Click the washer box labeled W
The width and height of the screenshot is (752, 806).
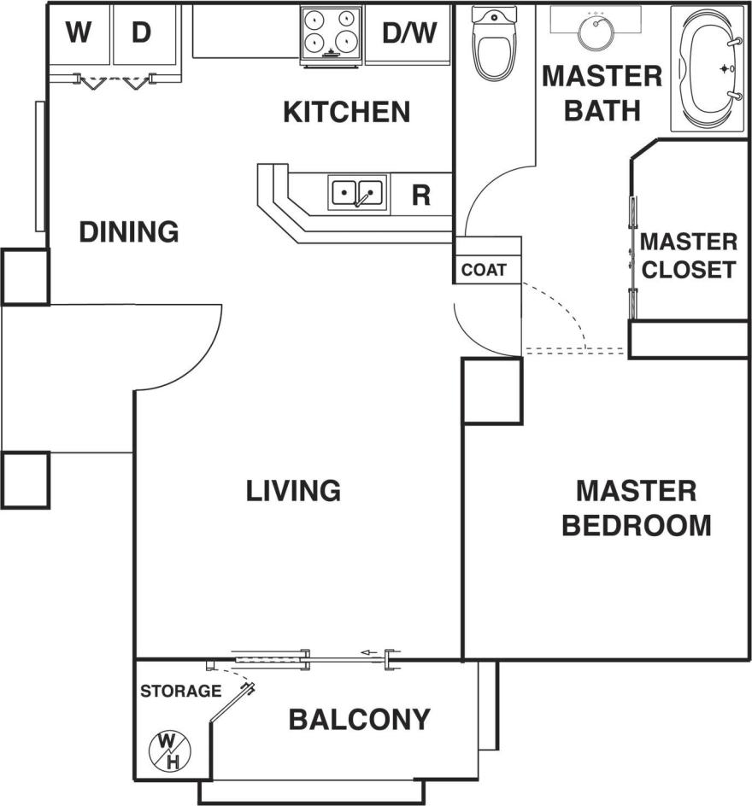[x=79, y=34]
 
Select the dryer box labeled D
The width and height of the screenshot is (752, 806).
[x=141, y=34]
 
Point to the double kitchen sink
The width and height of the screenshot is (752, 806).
[x=358, y=194]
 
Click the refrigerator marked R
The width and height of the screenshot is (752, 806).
[x=420, y=195]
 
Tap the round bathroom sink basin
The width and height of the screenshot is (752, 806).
[x=596, y=32]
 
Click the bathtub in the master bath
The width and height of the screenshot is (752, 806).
[x=709, y=68]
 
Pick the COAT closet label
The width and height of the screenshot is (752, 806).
[x=485, y=271]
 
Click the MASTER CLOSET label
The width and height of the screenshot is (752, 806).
[x=689, y=255]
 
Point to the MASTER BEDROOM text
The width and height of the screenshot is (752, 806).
[x=637, y=508]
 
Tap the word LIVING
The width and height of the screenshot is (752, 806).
[x=293, y=491]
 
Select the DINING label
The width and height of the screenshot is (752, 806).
[x=129, y=231]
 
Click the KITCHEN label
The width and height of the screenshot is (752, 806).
[x=347, y=112]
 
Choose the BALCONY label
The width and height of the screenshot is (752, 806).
[x=359, y=720]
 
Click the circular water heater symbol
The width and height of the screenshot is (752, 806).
[x=170, y=750]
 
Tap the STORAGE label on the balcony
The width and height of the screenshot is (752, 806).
[x=180, y=691]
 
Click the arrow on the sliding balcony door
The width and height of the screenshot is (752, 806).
[x=369, y=654]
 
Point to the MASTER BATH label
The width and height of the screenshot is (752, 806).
[x=602, y=92]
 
